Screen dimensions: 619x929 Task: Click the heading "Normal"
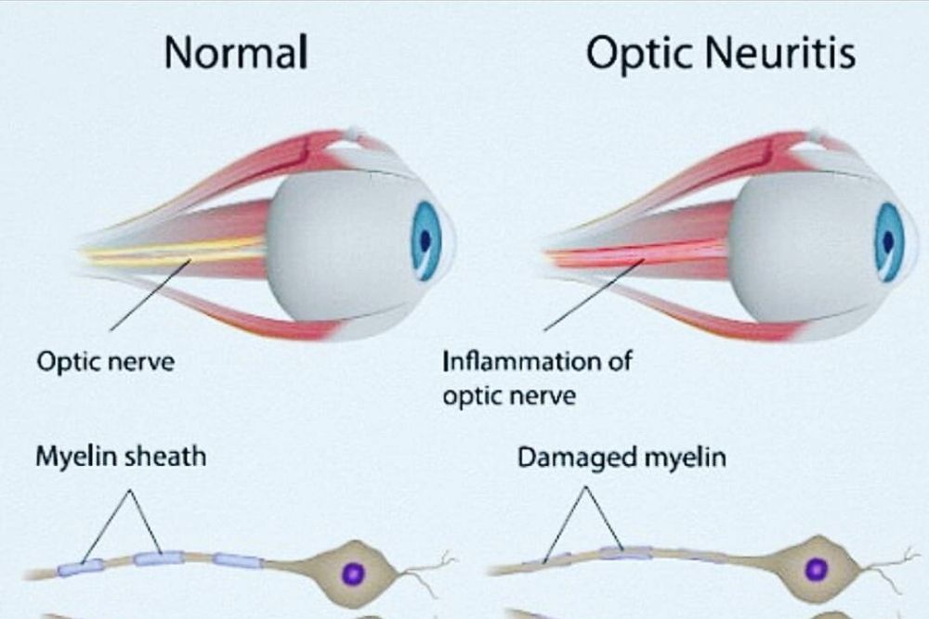236,55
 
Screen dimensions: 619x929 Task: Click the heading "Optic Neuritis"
721,55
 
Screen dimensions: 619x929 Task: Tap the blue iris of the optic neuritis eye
888,240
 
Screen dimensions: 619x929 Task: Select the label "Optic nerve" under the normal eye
105,361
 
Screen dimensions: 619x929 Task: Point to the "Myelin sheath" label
121,457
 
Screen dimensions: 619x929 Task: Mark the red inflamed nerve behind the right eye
641,252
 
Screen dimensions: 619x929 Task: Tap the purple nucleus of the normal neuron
352,574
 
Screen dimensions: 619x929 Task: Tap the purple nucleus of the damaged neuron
817,570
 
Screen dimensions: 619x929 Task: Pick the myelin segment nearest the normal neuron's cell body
238,560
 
